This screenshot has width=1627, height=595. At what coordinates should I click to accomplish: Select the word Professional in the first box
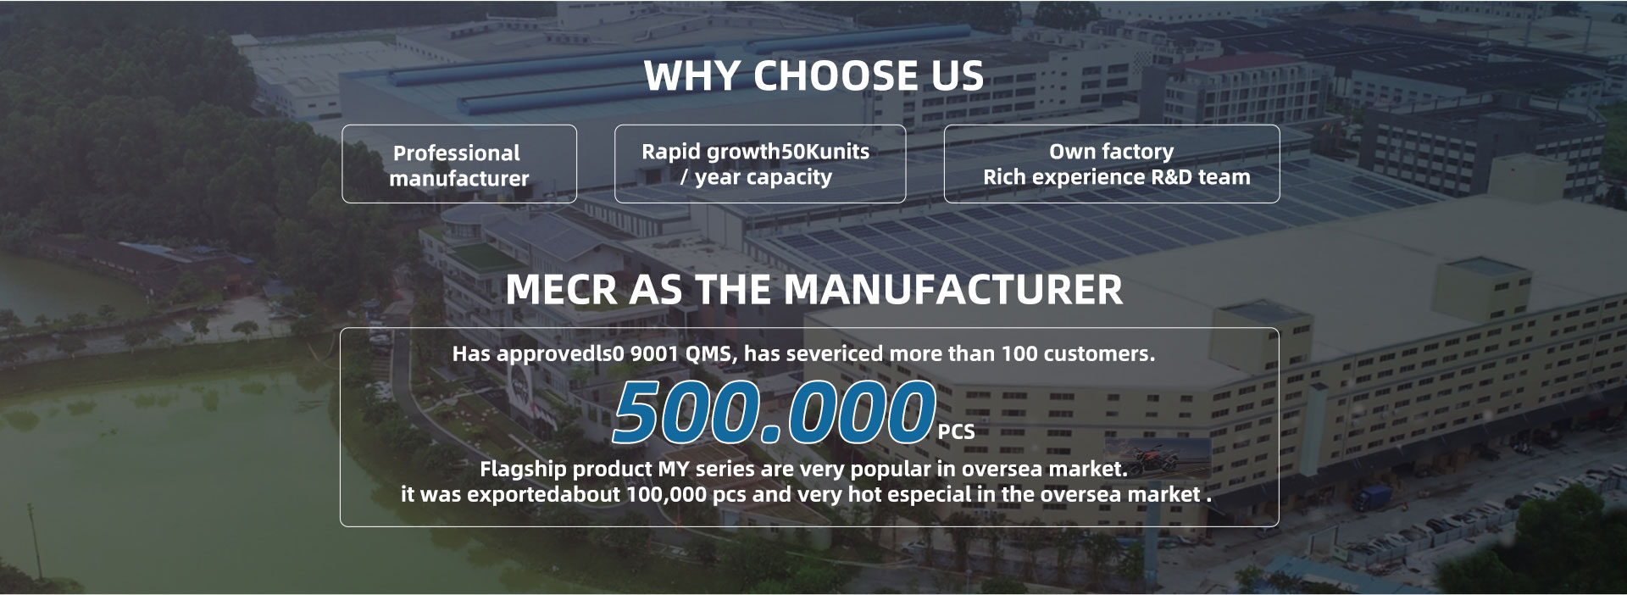point(457,153)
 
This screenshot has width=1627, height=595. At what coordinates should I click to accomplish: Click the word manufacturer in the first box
point(459,179)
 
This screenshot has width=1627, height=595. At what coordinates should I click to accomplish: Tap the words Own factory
point(1112,152)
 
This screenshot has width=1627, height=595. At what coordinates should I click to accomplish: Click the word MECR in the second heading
point(561,290)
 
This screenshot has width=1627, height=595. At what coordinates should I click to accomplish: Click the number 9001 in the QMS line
point(654,353)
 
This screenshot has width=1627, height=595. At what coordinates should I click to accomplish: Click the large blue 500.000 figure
point(773,413)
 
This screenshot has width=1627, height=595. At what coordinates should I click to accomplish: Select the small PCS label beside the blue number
point(957,432)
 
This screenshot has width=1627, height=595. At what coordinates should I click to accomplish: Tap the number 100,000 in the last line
point(667,494)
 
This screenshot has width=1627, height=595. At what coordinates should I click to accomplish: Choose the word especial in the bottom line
point(930,494)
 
